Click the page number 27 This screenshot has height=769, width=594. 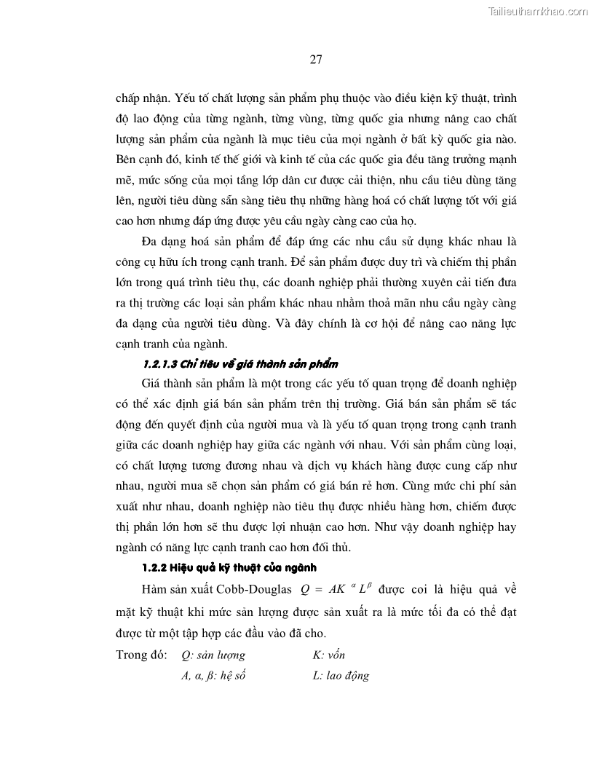click(x=316, y=60)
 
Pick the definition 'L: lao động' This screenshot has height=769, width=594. click(x=340, y=675)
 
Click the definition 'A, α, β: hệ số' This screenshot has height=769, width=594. click(x=213, y=675)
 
